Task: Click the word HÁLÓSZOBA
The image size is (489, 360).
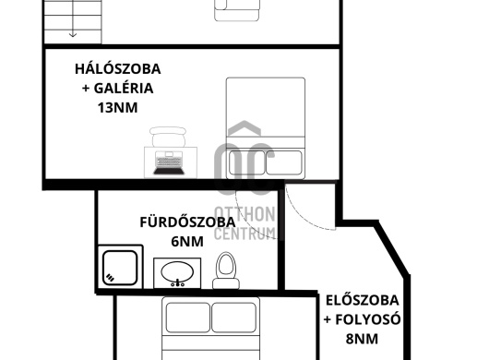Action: click(118, 68)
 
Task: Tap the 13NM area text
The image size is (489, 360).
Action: click(117, 108)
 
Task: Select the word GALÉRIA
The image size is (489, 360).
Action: click(124, 89)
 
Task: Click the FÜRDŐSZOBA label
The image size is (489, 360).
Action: click(187, 222)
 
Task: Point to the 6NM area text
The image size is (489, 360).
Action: click(187, 242)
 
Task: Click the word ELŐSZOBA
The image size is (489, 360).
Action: click(363, 300)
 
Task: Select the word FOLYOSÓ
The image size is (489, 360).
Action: click(368, 319)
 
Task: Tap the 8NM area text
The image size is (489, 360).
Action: click(362, 339)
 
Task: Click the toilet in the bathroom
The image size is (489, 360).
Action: click(226, 270)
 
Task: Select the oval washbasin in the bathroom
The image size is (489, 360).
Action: click(177, 272)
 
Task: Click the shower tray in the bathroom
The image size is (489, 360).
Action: click(120, 267)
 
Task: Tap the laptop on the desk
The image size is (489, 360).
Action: click(169, 163)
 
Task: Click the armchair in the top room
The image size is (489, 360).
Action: click(237, 10)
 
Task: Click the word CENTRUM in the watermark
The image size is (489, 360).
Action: click(245, 233)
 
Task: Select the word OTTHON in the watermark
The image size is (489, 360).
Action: click(245, 214)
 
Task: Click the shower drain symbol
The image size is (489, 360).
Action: click(110, 277)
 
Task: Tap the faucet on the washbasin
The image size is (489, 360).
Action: click(177, 283)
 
